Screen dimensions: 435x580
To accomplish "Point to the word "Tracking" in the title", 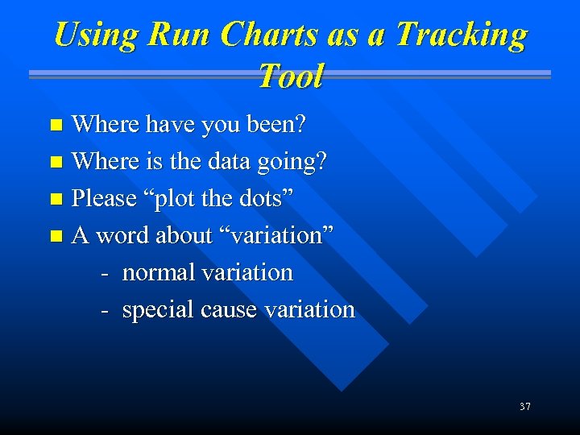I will click(462, 35).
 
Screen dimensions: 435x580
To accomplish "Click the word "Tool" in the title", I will click(290, 77).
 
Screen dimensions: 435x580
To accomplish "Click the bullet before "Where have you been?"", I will click(56, 125).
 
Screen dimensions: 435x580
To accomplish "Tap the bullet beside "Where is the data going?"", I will click(56, 162).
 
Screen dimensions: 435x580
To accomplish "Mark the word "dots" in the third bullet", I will click(263, 198).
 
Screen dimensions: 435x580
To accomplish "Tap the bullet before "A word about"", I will click(56, 236).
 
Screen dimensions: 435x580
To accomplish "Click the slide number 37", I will click(524, 407).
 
